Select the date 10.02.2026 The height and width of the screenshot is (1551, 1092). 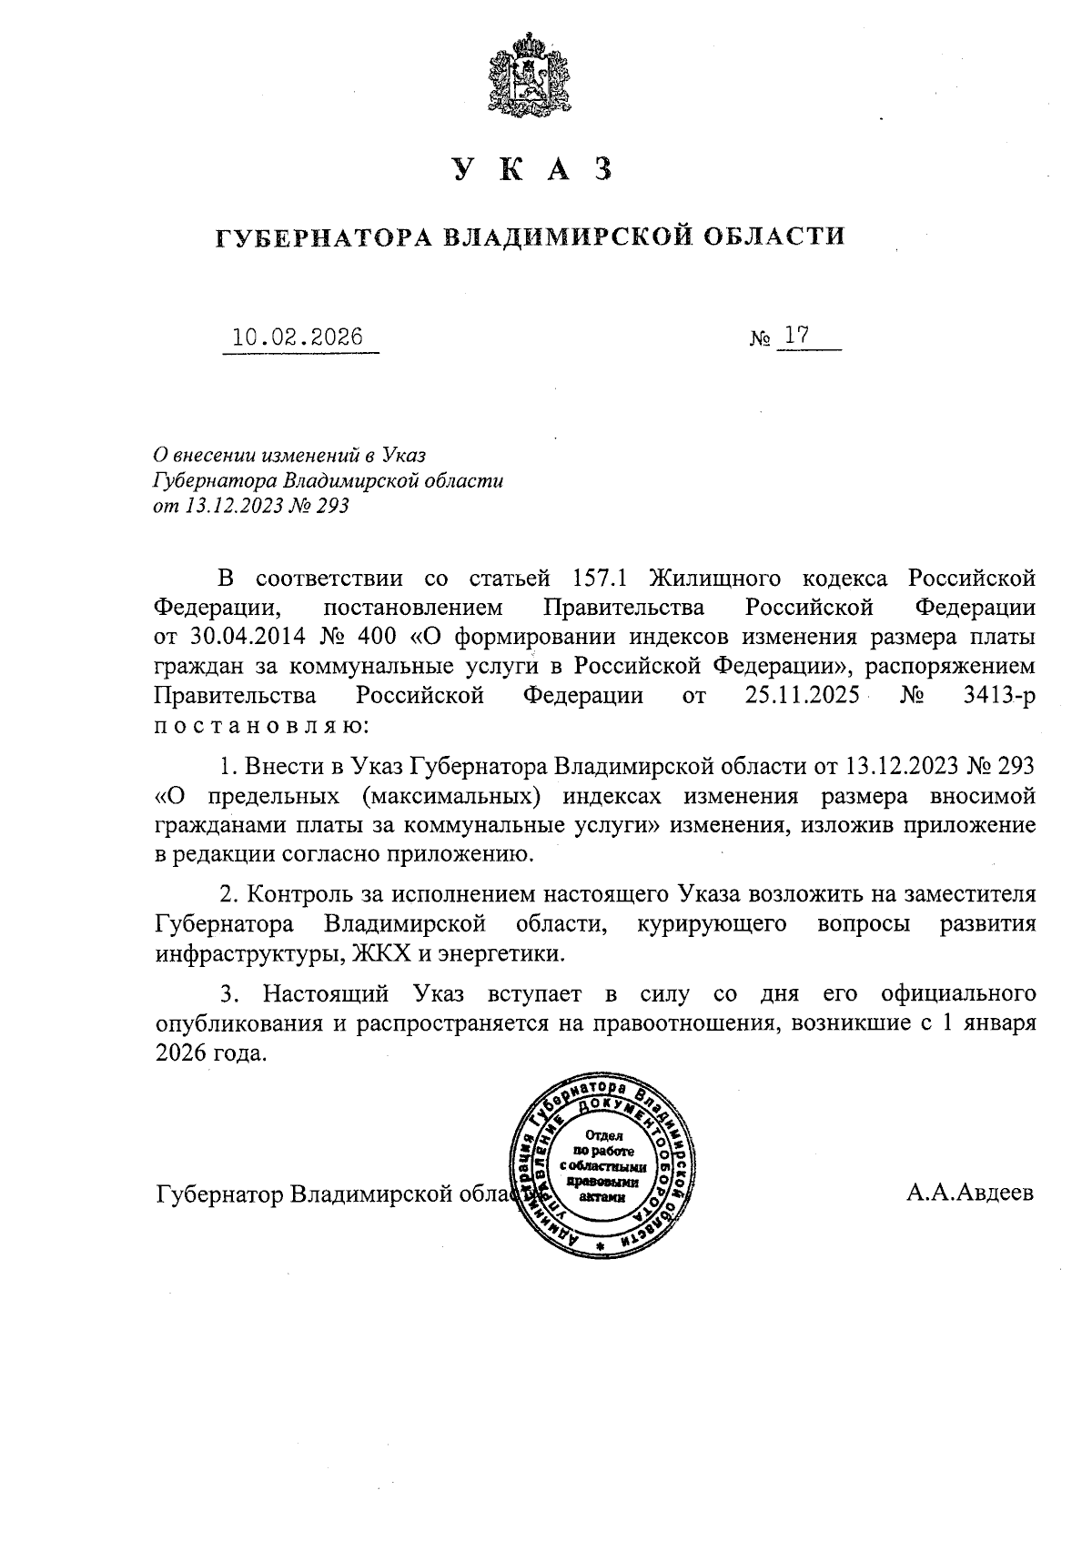click(297, 338)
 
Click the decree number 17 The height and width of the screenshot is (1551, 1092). click(797, 337)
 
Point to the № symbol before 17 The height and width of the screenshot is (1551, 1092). click(762, 340)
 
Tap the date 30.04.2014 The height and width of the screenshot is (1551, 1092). click(234, 637)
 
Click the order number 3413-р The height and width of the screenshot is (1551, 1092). click(998, 696)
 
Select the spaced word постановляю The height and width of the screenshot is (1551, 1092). click(261, 726)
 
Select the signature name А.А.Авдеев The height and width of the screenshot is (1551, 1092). click(969, 1193)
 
